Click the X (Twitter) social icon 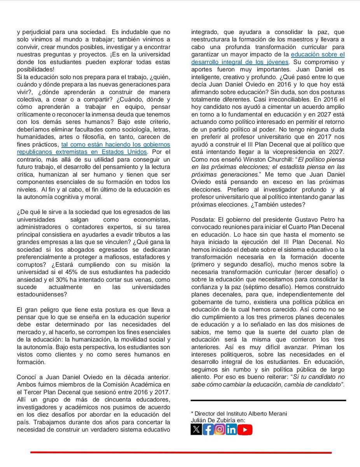click(196, 429)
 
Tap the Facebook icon click(208, 429)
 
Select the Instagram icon click(220, 429)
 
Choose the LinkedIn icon click(231, 429)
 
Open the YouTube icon click(245, 429)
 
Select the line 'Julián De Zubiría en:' click(218, 420)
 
